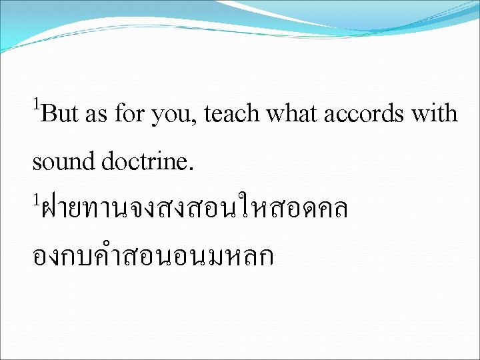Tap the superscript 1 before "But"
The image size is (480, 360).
point(37,103)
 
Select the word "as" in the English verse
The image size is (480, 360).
point(96,116)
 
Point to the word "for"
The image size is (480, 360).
point(129,115)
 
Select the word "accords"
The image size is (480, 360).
point(364,115)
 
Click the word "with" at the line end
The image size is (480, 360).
point(435,115)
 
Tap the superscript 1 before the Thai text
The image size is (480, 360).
point(37,199)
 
